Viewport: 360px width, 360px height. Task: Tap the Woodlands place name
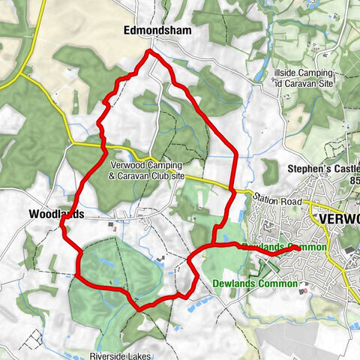click(55, 214)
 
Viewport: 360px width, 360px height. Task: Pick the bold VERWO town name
click(339, 218)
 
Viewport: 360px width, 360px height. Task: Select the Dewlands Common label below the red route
click(254, 284)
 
